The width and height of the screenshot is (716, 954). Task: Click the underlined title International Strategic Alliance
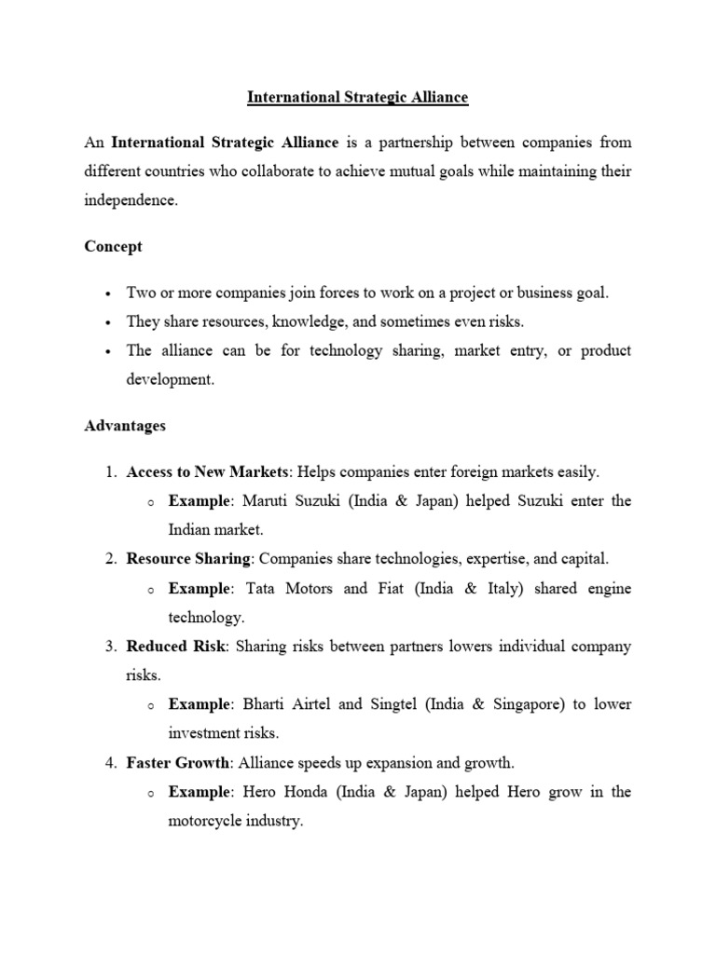(x=357, y=96)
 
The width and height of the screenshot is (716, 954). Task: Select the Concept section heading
(x=113, y=247)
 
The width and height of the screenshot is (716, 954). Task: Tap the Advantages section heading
(x=125, y=426)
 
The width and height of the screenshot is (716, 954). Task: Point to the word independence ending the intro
(x=130, y=201)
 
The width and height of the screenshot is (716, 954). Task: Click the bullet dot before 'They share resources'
(x=109, y=322)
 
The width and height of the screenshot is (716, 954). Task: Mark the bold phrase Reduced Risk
(x=175, y=646)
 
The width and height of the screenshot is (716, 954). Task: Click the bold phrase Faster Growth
(x=178, y=763)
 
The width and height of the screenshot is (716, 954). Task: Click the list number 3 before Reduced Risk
(x=110, y=646)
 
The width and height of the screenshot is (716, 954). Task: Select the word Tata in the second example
(x=262, y=588)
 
